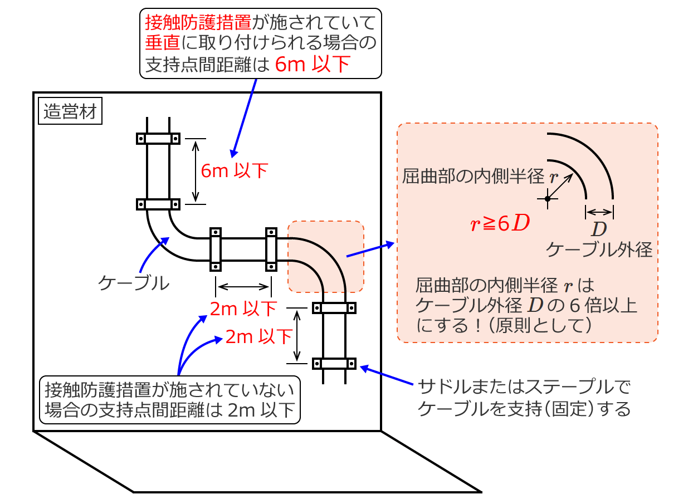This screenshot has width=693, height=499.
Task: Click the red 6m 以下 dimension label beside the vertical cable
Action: tap(235, 170)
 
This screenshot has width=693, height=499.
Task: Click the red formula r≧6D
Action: tap(500, 223)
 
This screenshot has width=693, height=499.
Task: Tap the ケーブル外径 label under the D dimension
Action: tap(599, 250)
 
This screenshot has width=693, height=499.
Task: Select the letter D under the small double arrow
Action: tap(599, 229)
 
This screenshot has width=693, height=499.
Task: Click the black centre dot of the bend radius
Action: tap(548, 199)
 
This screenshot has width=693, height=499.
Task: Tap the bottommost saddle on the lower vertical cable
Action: tap(334, 363)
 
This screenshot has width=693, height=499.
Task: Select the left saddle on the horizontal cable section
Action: tap(216, 249)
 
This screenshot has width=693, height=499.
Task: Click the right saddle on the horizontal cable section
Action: tap(271, 249)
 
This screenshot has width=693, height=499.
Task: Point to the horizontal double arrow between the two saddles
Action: tap(243, 287)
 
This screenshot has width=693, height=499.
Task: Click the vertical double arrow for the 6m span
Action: tap(196, 171)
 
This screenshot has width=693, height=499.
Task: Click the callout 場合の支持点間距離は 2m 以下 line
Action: tap(170, 409)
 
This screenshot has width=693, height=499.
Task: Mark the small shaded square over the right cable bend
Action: tap(326, 257)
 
